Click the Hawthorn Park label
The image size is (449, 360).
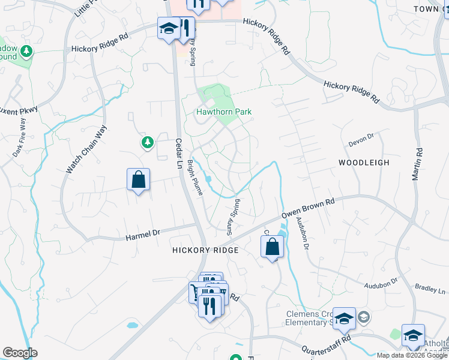click(224, 112)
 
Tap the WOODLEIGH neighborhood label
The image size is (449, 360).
click(364, 163)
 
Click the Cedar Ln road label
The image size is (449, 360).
click(178, 155)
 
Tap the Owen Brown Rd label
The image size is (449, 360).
click(308, 211)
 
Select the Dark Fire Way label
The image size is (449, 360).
click(20, 137)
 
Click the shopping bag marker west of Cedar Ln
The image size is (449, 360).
click(138, 179)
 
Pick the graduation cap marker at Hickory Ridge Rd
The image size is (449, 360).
click(169, 28)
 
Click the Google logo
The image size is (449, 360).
click(20, 353)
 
